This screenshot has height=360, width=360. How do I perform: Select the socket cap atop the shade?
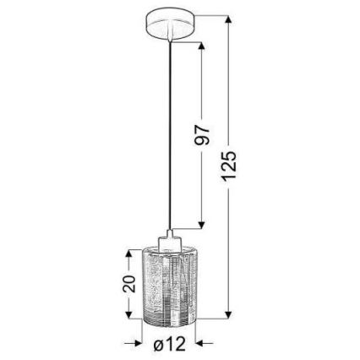click(x=170, y=240)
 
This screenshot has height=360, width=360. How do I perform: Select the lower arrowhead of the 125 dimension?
click(x=229, y=319)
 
